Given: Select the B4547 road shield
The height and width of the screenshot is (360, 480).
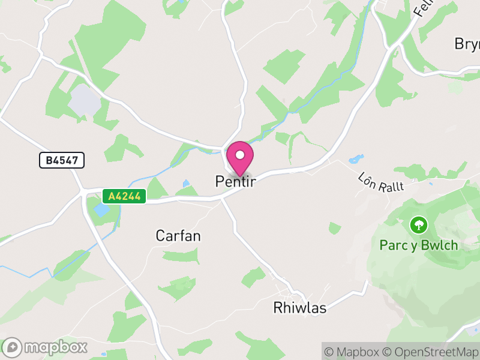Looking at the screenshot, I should pos(62,160).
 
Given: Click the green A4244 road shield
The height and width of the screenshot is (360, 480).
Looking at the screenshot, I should pos(124,196).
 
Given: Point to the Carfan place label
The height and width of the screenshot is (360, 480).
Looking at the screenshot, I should pos(178,236).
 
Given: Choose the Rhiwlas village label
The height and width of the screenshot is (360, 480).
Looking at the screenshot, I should pos(299,308).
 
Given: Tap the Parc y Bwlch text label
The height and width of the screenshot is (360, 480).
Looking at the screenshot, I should pos(419,245).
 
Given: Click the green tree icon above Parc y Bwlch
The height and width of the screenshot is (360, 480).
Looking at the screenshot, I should pos(418,226).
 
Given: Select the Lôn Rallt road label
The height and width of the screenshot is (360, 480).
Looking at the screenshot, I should pos(381,182).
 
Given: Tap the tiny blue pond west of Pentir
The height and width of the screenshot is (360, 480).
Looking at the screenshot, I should pos(186,184).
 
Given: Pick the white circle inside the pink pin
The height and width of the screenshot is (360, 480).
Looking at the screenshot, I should pos(240,155).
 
